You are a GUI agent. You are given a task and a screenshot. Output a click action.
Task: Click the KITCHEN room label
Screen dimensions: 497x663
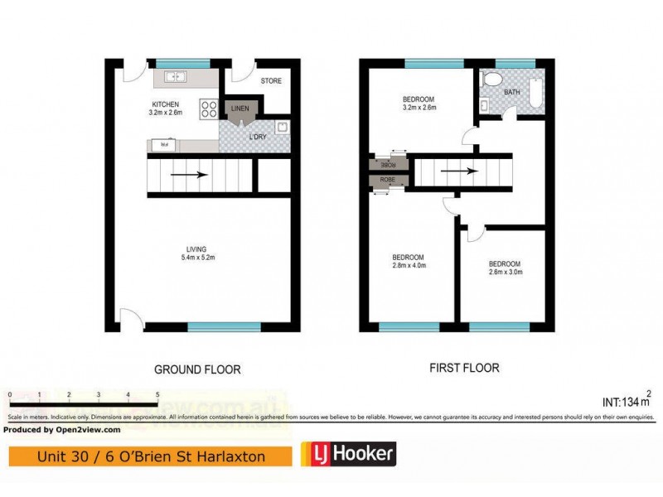click(x=164, y=104)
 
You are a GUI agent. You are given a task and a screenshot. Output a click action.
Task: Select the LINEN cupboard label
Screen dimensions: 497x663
click(x=240, y=109)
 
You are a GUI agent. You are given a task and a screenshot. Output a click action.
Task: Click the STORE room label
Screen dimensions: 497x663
click(x=271, y=81)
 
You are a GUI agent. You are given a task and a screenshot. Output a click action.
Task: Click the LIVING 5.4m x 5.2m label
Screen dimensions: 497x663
click(x=196, y=253)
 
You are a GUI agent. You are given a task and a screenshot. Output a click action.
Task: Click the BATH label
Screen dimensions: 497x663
click(x=512, y=93)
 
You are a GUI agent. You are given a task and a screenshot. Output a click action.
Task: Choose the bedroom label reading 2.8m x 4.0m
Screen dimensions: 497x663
click(x=409, y=261)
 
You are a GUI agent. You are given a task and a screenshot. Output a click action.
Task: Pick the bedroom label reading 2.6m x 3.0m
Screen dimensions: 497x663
click(x=505, y=267)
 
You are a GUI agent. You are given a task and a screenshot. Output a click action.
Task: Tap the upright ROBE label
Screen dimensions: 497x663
click(x=387, y=180)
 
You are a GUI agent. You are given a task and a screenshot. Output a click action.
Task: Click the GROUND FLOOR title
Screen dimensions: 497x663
click(x=197, y=369)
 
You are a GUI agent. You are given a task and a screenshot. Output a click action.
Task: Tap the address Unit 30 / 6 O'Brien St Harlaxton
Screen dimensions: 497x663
click(x=150, y=456)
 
